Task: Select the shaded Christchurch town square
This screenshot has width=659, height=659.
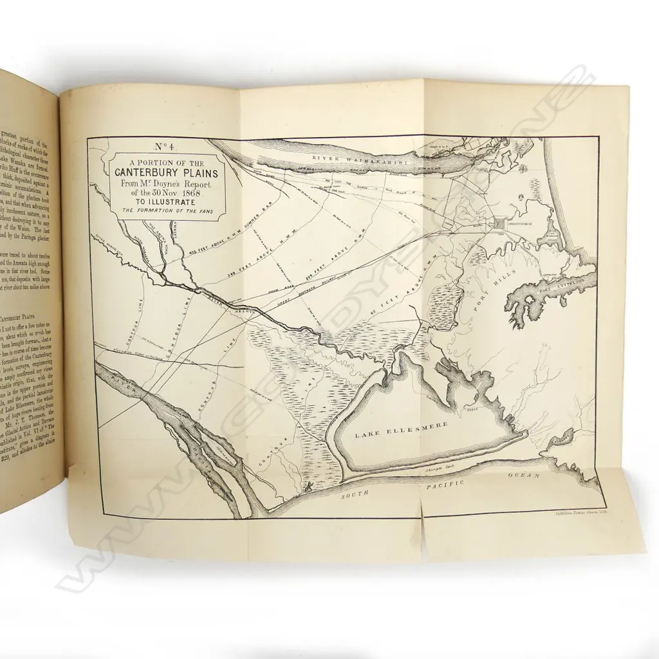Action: (x=500, y=224)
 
